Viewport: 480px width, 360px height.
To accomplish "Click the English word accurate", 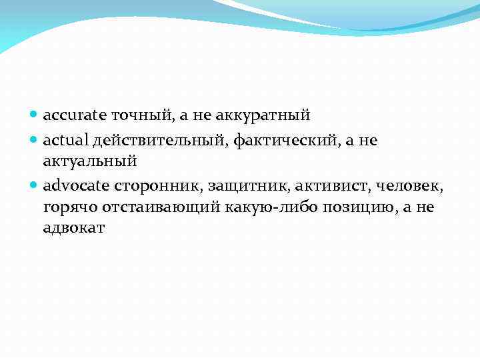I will pyautogui.click(x=70, y=115).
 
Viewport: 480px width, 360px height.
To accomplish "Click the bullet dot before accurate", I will pyautogui.click(x=34, y=116).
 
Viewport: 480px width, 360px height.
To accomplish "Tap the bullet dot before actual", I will pyautogui.click(x=34, y=139).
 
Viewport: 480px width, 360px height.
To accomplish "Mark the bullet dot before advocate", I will pyautogui.click(x=34, y=185).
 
